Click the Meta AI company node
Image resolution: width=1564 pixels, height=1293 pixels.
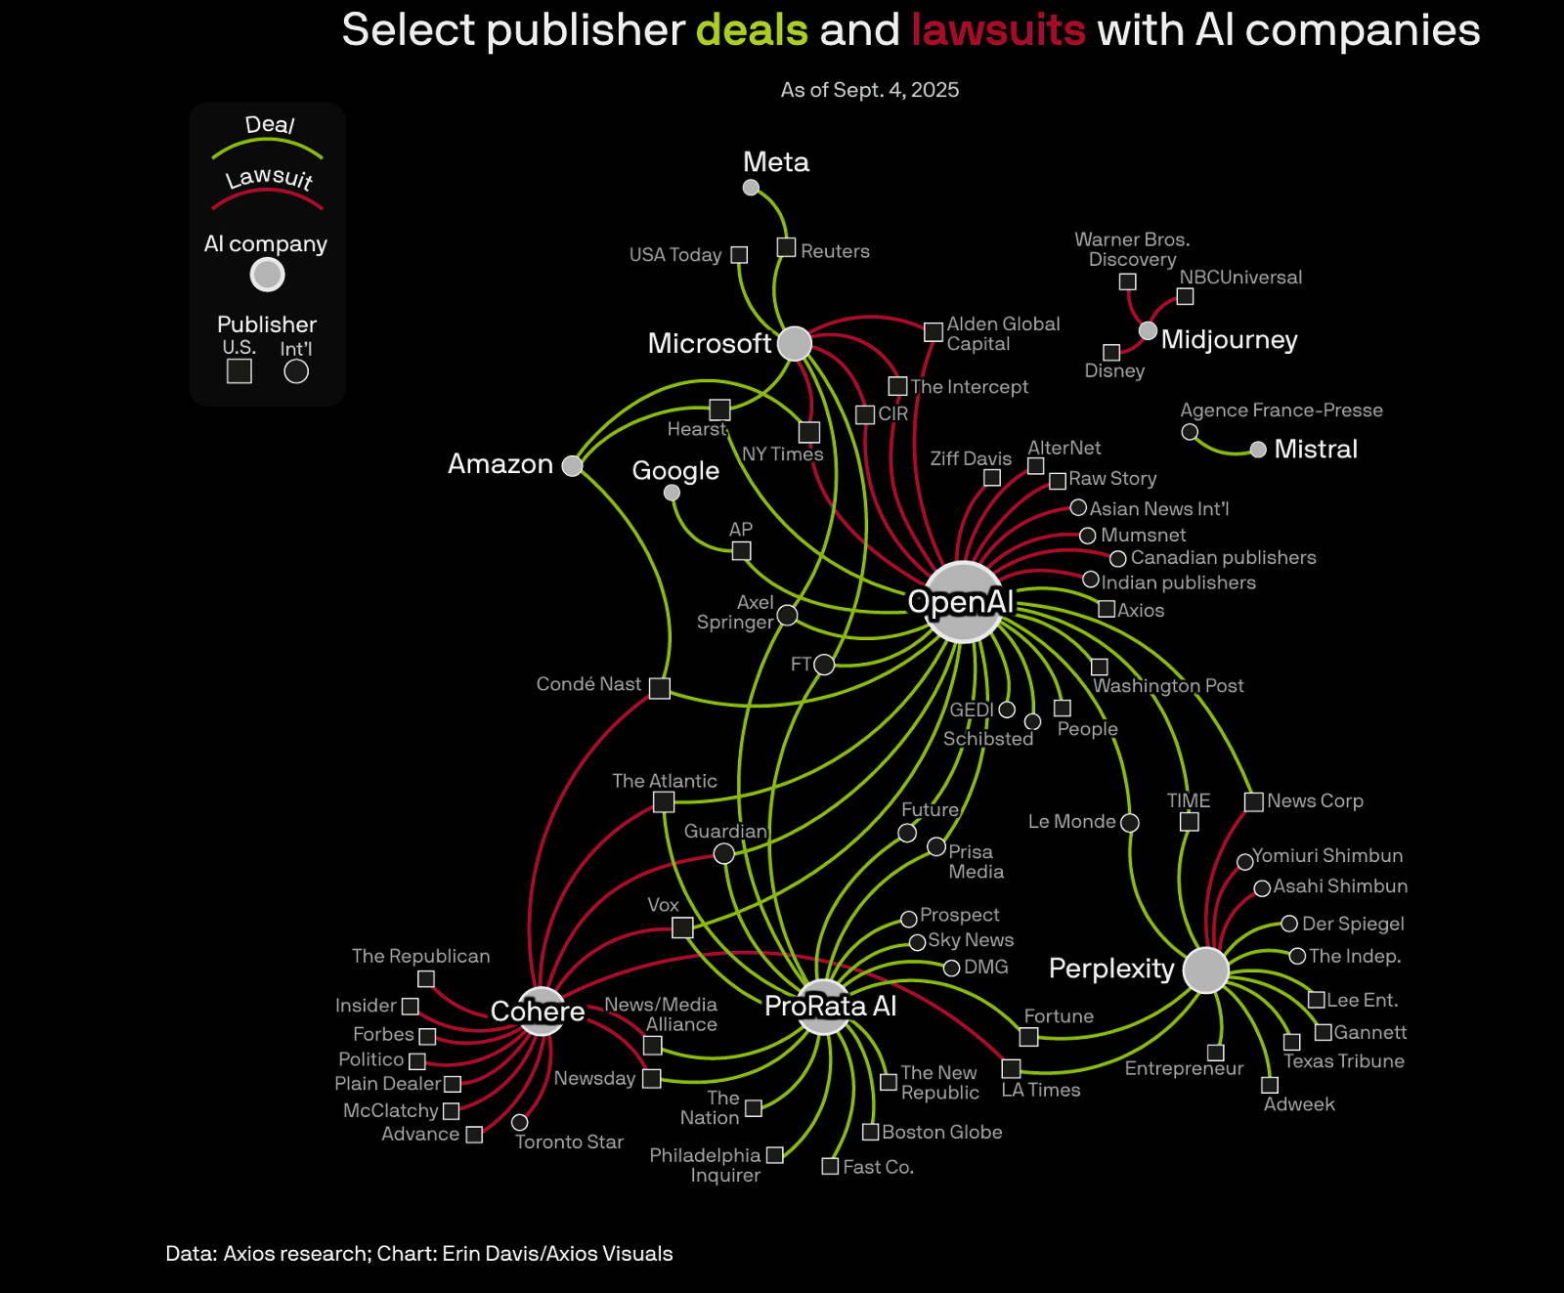751,188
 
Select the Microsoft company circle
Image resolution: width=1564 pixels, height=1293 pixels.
795,343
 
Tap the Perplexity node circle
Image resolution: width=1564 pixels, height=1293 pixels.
1205,970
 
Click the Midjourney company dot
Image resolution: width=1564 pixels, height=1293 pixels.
1149,331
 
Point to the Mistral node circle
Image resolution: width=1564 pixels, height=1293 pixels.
1258,450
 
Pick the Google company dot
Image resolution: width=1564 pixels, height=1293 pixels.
672,493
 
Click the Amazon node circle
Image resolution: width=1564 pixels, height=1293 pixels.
573,465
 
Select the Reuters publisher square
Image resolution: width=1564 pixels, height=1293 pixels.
786,247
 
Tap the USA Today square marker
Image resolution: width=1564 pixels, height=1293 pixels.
739,255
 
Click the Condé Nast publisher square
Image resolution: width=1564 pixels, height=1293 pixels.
660,688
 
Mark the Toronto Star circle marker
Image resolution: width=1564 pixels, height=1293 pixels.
520,1123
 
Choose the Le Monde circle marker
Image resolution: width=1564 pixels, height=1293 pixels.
1130,823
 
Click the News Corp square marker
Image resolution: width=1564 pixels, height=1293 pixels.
1253,802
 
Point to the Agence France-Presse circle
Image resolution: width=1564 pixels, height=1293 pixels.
1190,432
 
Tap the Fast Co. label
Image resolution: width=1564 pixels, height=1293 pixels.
878,1167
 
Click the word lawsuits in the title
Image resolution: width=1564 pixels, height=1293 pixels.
998,30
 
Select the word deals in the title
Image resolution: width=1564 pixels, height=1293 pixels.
752,30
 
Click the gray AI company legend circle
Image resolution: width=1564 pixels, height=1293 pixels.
267,275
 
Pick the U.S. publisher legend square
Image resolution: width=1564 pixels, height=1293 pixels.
239,371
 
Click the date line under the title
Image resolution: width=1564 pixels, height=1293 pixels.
869,90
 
